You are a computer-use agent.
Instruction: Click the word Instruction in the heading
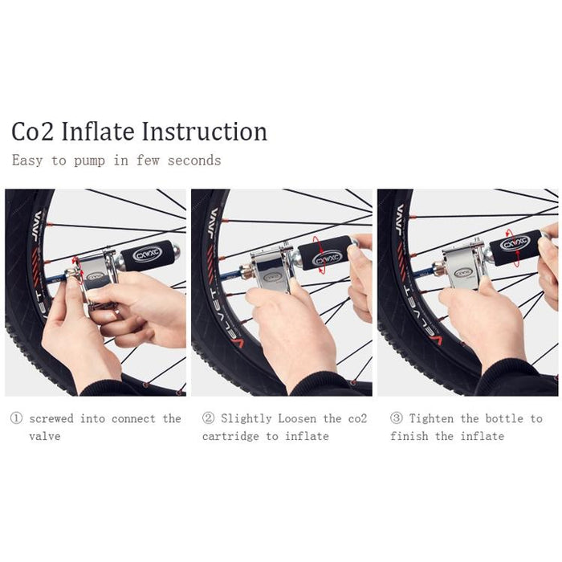[204, 132]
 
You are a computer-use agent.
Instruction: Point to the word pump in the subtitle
[90, 161]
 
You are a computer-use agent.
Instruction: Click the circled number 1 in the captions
[16, 418]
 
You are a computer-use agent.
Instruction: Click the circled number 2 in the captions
[208, 418]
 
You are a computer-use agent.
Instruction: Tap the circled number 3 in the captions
[396, 418]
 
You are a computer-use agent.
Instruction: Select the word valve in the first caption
[45, 436]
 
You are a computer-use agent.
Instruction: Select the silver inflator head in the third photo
[461, 266]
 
